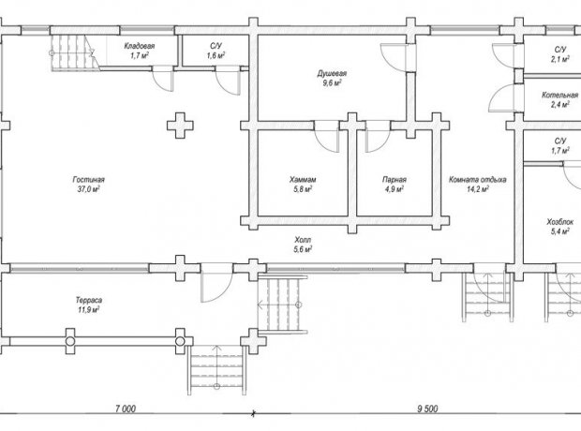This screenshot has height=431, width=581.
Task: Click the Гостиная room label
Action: pos(89,180)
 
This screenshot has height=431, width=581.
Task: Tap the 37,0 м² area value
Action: pos(89,189)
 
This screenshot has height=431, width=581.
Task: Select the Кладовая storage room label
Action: pos(140,46)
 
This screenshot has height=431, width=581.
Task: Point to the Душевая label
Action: pos(332,73)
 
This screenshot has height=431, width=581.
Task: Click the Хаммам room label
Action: pos(303,180)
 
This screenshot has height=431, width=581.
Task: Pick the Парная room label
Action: pos(395,180)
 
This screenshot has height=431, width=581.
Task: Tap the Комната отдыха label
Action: pos(478,180)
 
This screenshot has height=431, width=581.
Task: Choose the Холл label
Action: pos(303,240)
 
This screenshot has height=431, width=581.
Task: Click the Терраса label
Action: pos(89,300)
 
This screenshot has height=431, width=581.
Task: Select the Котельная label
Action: pos(559,95)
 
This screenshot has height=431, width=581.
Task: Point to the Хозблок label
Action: pos(559,222)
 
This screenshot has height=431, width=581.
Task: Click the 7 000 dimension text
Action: pos(126,409)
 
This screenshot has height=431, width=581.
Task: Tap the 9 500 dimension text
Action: pos(427,409)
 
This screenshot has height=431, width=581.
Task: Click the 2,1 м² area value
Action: pos(559,59)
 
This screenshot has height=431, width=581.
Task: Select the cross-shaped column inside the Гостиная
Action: pos(180,126)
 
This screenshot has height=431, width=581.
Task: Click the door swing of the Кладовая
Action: pos(163,79)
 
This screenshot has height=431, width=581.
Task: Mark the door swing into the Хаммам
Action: pos(327,137)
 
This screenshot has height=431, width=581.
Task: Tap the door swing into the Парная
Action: pos(378,137)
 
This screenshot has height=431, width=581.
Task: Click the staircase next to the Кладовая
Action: pos(75,52)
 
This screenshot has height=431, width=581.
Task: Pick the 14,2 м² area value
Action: pos(478,189)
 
